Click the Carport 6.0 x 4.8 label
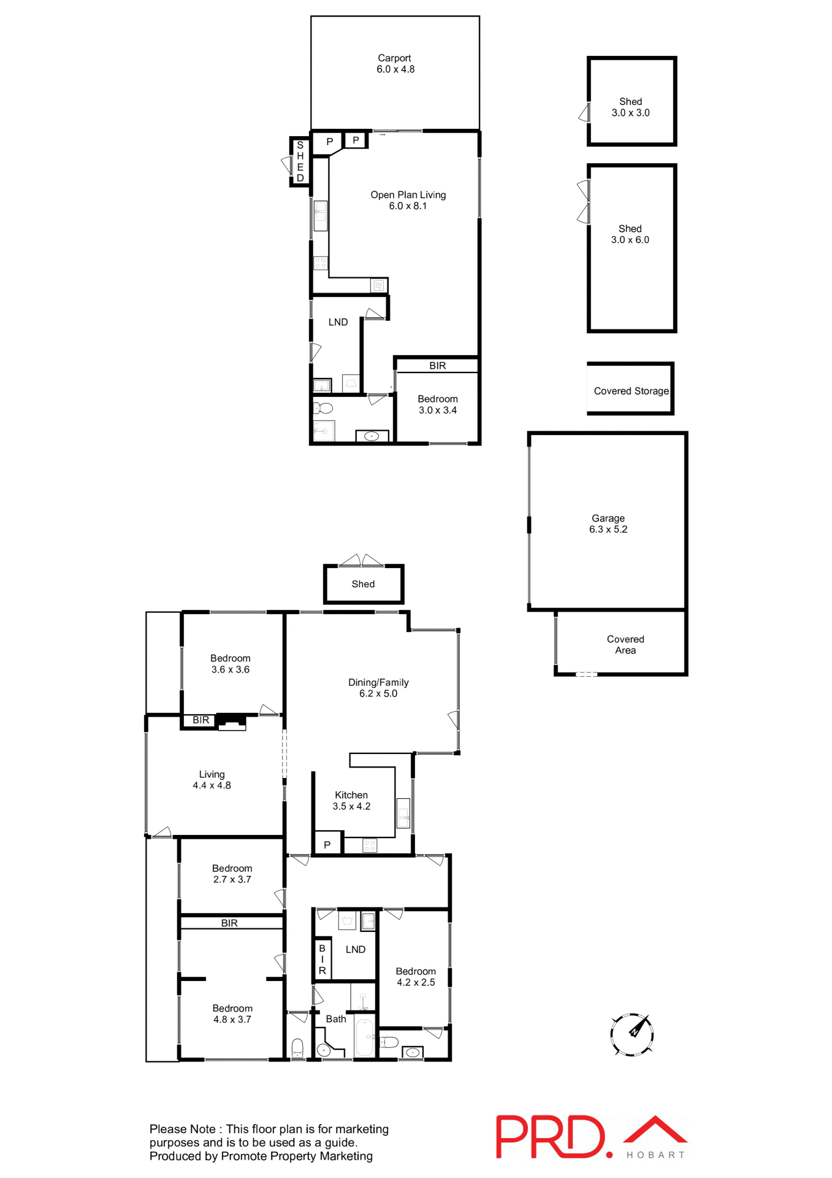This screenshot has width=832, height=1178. (395, 64)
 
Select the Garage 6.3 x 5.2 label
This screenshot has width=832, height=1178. (608, 524)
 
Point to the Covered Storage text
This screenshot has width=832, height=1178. (631, 391)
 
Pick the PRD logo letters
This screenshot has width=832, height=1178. (550, 1137)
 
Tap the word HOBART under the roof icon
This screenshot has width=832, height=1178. (655, 1155)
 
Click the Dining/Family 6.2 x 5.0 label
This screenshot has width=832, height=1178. (378, 688)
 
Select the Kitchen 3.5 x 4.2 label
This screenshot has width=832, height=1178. (351, 801)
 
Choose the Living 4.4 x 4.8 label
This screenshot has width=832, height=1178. (212, 780)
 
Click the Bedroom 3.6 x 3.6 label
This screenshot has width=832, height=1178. (231, 664)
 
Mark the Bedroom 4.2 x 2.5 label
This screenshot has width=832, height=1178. (416, 977)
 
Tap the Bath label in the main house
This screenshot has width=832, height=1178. (336, 1019)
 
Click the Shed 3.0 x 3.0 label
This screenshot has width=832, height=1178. (630, 107)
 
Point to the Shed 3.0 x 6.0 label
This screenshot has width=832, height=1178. (630, 234)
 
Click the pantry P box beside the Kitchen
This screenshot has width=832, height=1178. (327, 845)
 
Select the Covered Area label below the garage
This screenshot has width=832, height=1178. (625, 645)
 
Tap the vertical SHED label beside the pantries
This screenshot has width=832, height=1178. (300, 162)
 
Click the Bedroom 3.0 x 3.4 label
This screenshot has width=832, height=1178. (438, 405)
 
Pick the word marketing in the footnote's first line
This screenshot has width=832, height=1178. (362, 1129)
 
